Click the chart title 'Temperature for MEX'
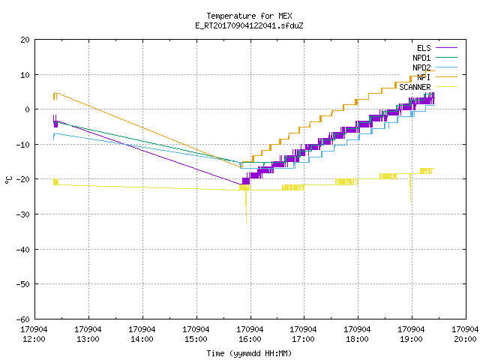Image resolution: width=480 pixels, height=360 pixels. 249,16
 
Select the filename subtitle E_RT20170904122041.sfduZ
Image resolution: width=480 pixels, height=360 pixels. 249,25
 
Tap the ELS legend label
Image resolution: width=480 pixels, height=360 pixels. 424,48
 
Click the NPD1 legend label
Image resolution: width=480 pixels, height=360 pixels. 421,58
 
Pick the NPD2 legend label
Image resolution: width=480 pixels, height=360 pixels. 421,67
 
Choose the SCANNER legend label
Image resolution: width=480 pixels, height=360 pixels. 415,87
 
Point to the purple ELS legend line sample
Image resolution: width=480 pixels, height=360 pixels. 447,48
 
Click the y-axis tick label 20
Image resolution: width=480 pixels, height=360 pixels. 25,40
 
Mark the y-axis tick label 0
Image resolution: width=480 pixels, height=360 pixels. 27,109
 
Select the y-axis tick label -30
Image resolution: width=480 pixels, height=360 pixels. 23,214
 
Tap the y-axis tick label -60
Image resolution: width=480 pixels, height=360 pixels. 23,319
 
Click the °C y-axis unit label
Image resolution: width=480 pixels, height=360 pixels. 9,180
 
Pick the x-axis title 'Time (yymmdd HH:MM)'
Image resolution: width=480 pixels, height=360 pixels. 249,353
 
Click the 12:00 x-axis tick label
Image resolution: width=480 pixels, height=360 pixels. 34,339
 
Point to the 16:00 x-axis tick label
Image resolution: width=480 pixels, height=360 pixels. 250,339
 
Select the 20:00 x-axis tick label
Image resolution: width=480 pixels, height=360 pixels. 465,339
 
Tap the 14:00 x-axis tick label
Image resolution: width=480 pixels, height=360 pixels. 142,339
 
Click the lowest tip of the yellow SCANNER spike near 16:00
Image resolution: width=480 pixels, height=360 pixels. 246,223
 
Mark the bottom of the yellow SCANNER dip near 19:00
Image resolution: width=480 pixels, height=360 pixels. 410,201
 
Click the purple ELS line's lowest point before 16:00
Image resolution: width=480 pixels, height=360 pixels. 241,184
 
